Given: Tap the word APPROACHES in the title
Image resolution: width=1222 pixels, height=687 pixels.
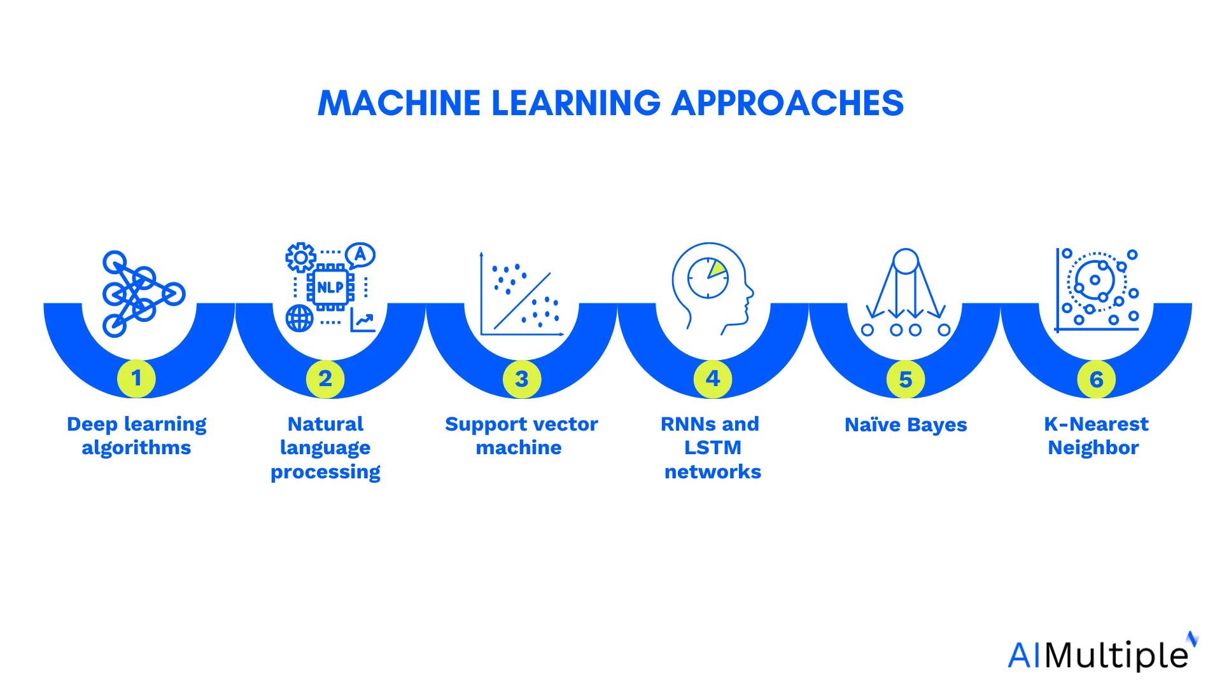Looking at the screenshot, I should pyautogui.click(x=787, y=103).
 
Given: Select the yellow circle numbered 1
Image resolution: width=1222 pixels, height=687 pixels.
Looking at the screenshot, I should pyautogui.click(x=136, y=378).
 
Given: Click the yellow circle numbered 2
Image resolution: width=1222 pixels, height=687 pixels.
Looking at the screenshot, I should pyautogui.click(x=325, y=379).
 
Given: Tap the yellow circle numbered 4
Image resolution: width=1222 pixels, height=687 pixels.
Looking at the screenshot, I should pyautogui.click(x=713, y=379).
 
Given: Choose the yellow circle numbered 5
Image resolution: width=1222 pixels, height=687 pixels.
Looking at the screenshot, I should pyautogui.click(x=906, y=380).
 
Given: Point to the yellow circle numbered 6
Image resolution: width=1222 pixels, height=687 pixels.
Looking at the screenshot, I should pyautogui.click(x=1096, y=380).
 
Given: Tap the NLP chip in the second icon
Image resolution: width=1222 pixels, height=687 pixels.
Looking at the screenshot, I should pyautogui.click(x=330, y=288).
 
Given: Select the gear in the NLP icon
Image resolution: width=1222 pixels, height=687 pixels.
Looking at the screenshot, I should pyautogui.click(x=300, y=258).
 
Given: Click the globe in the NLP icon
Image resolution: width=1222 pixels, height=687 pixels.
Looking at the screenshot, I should pyautogui.click(x=299, y=318).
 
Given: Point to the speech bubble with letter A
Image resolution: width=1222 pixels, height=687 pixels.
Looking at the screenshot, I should pyautogui.click(x=361, y=255).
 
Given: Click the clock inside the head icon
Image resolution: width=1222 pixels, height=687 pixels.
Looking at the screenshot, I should pyautogui.click(x=708, y=278).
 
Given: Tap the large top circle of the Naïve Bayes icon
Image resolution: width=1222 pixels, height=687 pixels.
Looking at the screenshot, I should pyautogui.click(x=906, y=261).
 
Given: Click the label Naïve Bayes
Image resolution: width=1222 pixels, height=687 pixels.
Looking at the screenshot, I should pyautogui.click(x=906, y=425).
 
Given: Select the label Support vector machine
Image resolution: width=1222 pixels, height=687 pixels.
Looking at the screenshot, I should pyautogui.click(x=521, y=436).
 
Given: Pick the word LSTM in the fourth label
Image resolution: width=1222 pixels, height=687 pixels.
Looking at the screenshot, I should pyautogui.click(x=713, y=448).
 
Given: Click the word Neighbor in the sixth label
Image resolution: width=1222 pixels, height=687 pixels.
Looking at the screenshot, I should pyautogui.click(x=1093, y=448).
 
